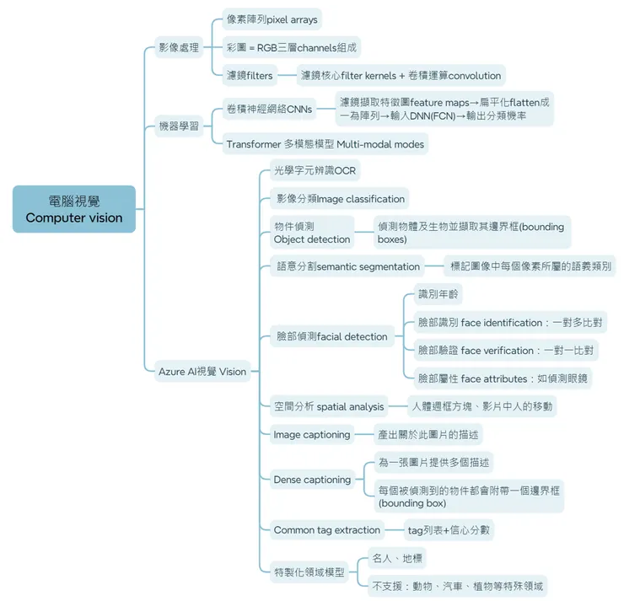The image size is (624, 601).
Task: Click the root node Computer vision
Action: (74, 209)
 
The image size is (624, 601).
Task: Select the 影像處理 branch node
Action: (179, 47)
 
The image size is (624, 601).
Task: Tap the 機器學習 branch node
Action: (179, 126)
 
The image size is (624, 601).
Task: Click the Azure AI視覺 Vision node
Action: (202, 371)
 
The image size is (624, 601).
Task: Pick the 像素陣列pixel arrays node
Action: (272, 19)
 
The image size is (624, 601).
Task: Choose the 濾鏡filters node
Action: (250, 75)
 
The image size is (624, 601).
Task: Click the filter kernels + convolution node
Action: (401, 75)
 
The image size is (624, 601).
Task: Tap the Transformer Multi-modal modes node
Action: (325, 144)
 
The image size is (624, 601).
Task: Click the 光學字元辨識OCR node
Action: (315, 171)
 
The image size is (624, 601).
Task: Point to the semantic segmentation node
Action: (348, 266)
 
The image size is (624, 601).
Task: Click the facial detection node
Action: (331, 336)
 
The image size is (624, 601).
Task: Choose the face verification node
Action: (505, 350)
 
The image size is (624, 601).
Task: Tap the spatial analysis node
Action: (329, 406)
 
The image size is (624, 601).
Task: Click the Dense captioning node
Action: (312, 480)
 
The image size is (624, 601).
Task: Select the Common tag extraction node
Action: (326, 530)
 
